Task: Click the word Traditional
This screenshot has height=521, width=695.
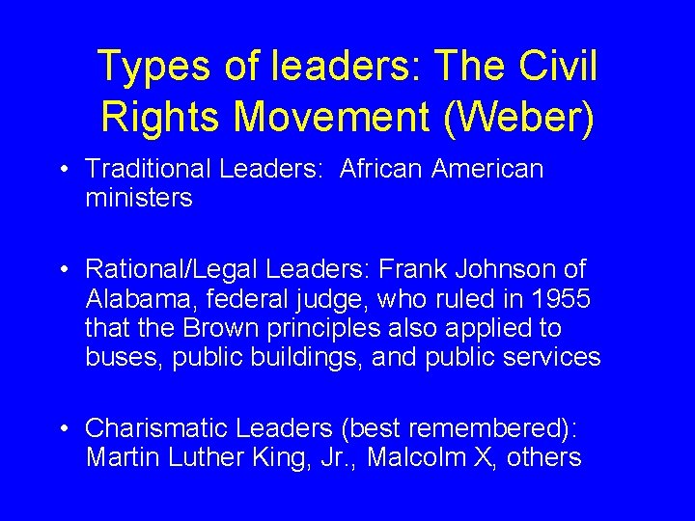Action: click(148, 170)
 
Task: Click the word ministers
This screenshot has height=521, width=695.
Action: click(139, 199)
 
